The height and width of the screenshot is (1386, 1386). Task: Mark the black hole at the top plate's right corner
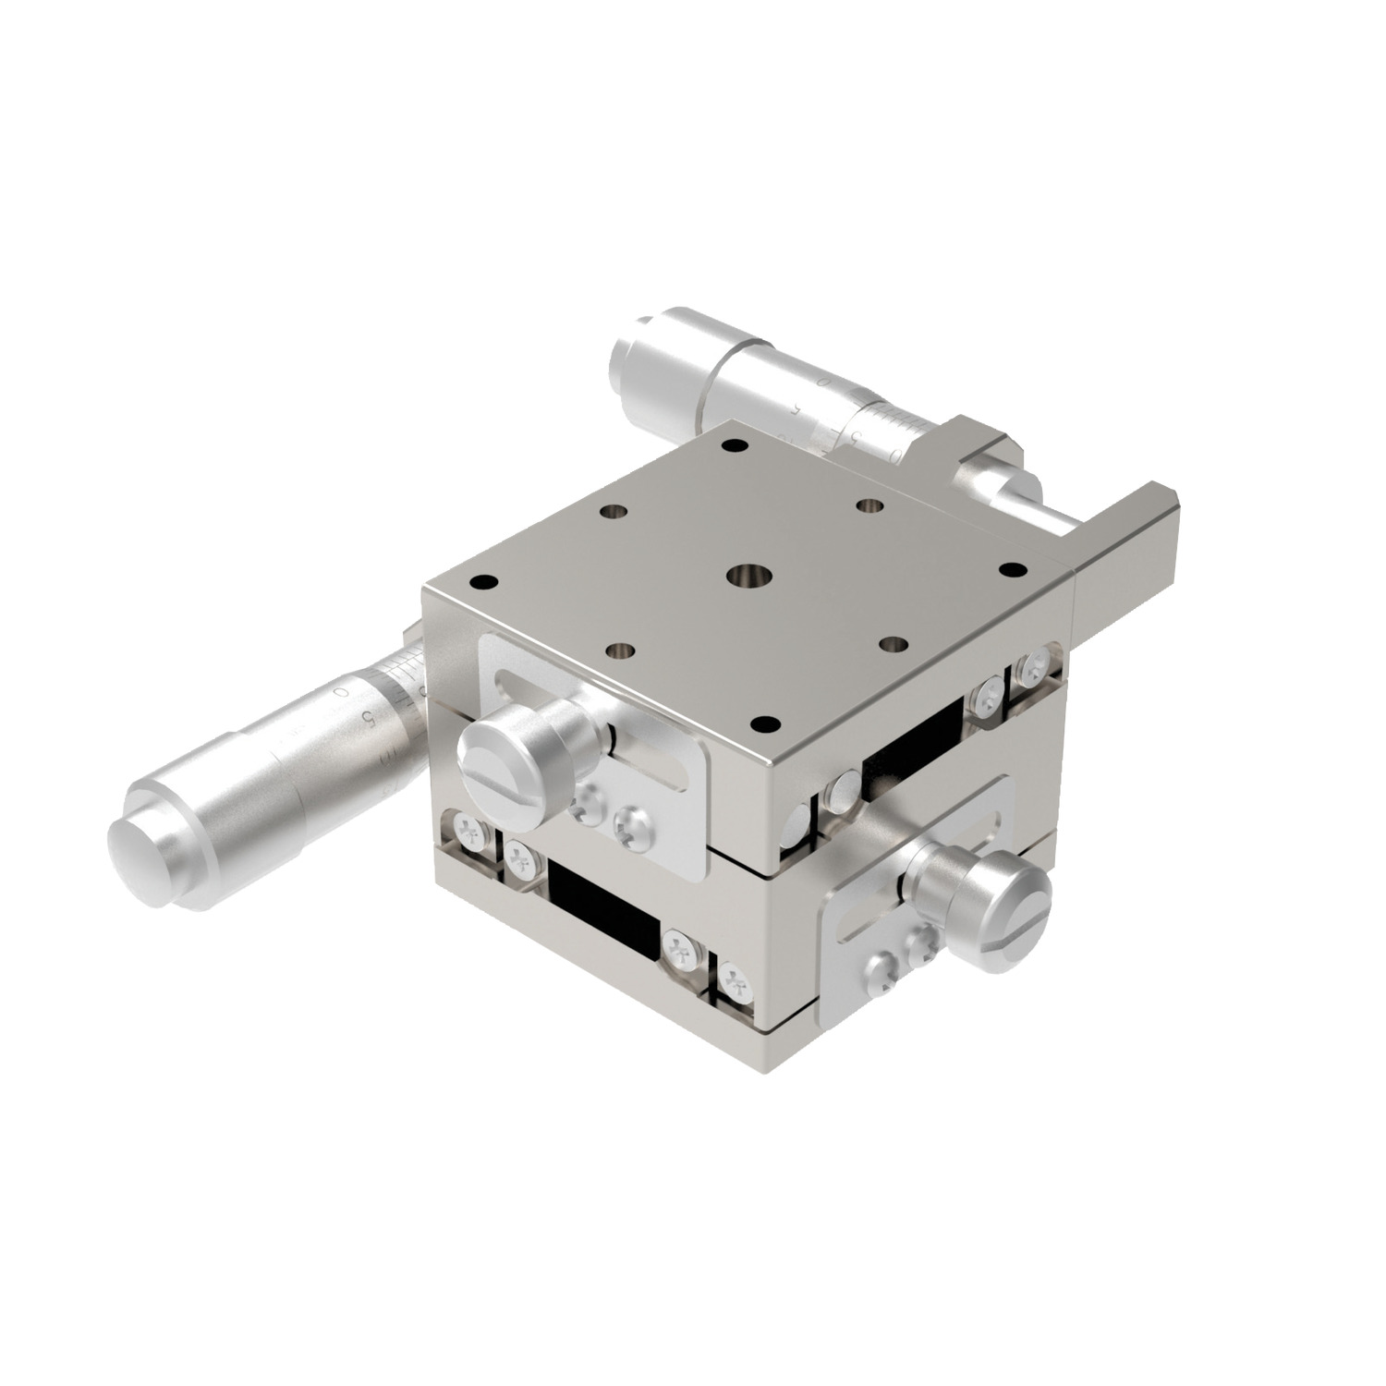point(1012,569)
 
